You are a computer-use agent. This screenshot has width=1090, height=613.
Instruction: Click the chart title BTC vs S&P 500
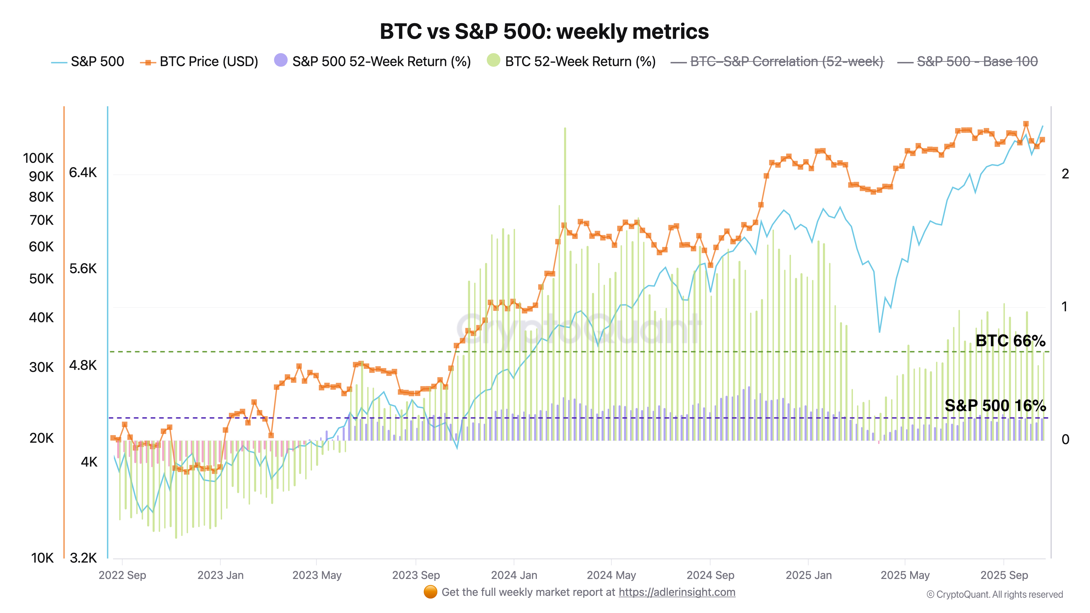pyautogui.click(x=544, y=31)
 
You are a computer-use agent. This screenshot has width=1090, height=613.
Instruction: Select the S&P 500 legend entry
pyautogui.click(x=97, y=62)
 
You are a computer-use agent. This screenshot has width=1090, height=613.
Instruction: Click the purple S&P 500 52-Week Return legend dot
pyautogui.click(x=281, y=60)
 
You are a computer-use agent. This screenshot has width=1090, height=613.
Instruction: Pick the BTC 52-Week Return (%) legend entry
pyautogui.click(x=580, y=62)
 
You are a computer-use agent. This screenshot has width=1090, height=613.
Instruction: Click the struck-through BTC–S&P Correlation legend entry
pyautogui.click(x=786, y=62)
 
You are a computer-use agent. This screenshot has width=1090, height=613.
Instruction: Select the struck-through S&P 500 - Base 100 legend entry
pyautogui.click(x=977, y=62)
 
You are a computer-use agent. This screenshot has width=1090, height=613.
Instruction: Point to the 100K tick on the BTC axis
pyautogui.click(x=38, y=158)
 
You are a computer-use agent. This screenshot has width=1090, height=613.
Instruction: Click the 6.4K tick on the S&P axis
pyautogui.click(x=83, y=173)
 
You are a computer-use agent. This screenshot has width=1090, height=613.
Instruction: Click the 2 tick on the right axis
pyautogui.click(x=1065, y=174)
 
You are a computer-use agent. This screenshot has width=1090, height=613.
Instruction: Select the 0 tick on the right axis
pyautogui.click(x=1065, y=439)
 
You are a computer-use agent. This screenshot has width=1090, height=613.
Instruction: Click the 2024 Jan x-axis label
pyautogui.click(x=514, y=575)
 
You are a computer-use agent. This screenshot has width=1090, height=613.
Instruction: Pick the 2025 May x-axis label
pyautogui.click(x=905, y=575)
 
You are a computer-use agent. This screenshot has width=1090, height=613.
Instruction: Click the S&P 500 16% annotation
pyautogui.click(x=995, y=405)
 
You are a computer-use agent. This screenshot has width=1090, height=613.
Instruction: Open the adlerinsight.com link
pyautogui.click(x=677, y=592)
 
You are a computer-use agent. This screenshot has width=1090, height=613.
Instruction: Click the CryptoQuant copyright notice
pyautogui.click(x=994, y=594)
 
